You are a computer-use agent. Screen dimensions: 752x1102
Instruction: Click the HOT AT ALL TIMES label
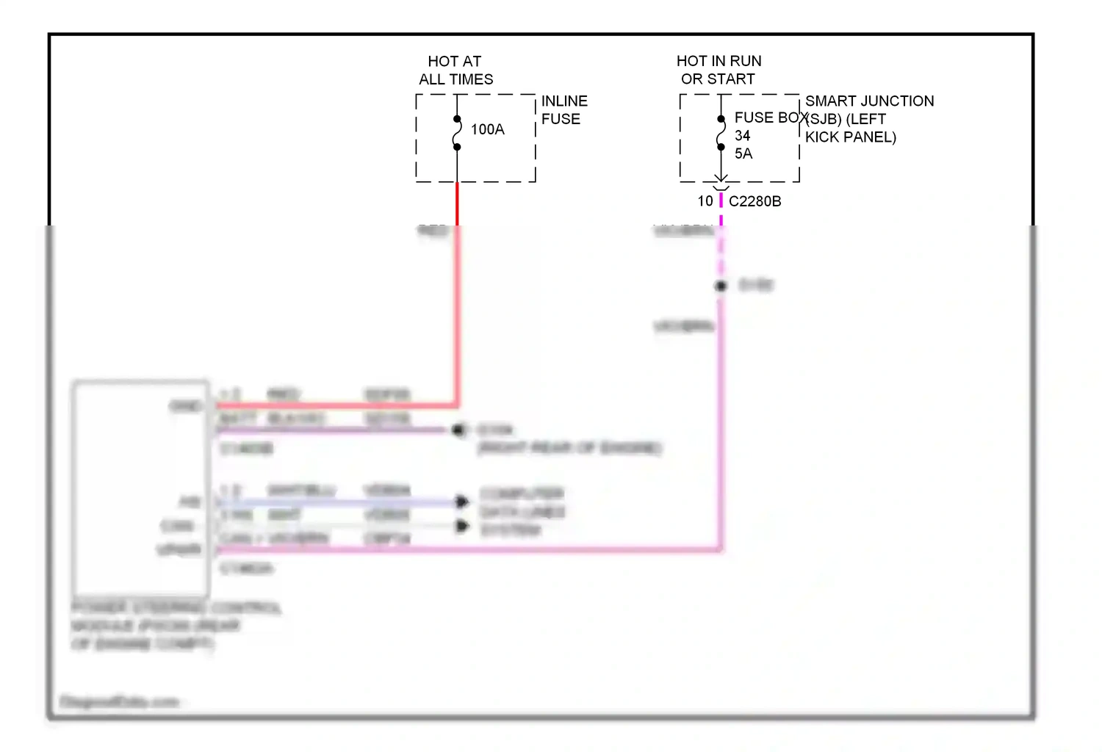[455, 70]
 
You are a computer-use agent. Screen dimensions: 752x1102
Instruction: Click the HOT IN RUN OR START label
[719, 70]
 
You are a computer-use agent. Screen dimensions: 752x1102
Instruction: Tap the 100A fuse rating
[487, 130]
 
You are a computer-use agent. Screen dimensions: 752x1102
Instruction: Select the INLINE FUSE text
[564, 110]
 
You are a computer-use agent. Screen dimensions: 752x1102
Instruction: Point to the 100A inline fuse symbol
[457, 133]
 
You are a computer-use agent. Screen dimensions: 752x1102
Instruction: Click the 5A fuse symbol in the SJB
[721, 133]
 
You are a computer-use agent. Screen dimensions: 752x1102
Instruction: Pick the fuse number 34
[742, 136]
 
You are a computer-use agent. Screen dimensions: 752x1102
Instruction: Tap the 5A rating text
[743, 154]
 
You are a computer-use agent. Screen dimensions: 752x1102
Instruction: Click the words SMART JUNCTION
[869, 101]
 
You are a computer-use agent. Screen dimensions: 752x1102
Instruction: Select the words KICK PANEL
[850, 137]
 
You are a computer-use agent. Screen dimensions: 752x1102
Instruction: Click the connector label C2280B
[755, 201]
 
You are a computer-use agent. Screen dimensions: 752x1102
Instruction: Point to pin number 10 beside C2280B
[705, 201]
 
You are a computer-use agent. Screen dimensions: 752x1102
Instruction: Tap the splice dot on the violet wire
[721, 286]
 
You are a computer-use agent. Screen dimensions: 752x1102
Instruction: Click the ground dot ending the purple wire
[459, 430]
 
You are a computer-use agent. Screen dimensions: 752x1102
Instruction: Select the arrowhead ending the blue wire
[462, 502]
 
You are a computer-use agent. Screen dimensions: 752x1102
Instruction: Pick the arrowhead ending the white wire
[462, 526]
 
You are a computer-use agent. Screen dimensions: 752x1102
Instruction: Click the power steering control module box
[140, 488]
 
